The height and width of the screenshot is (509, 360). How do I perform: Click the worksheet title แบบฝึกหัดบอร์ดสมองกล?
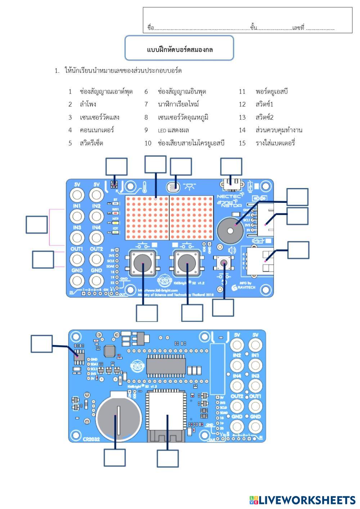(180, 49)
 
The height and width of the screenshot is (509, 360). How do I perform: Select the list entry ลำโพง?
(88, 104)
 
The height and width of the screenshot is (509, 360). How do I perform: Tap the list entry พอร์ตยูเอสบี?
(271, 91)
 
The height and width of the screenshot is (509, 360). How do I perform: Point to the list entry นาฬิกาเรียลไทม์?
(178, 104)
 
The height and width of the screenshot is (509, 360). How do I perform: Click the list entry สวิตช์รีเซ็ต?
(91, 143)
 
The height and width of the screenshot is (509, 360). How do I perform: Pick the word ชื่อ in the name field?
(150, 28)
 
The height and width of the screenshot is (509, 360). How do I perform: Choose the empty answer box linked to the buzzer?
(297, 197)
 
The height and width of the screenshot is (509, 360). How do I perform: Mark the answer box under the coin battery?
(115, 458)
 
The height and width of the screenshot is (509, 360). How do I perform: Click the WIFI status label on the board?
(116, 209)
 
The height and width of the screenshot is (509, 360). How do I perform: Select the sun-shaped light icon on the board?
(190, 186)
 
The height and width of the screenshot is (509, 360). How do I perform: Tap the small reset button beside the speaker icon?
(224, 263)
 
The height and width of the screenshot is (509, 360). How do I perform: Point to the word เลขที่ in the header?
(298, 28)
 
